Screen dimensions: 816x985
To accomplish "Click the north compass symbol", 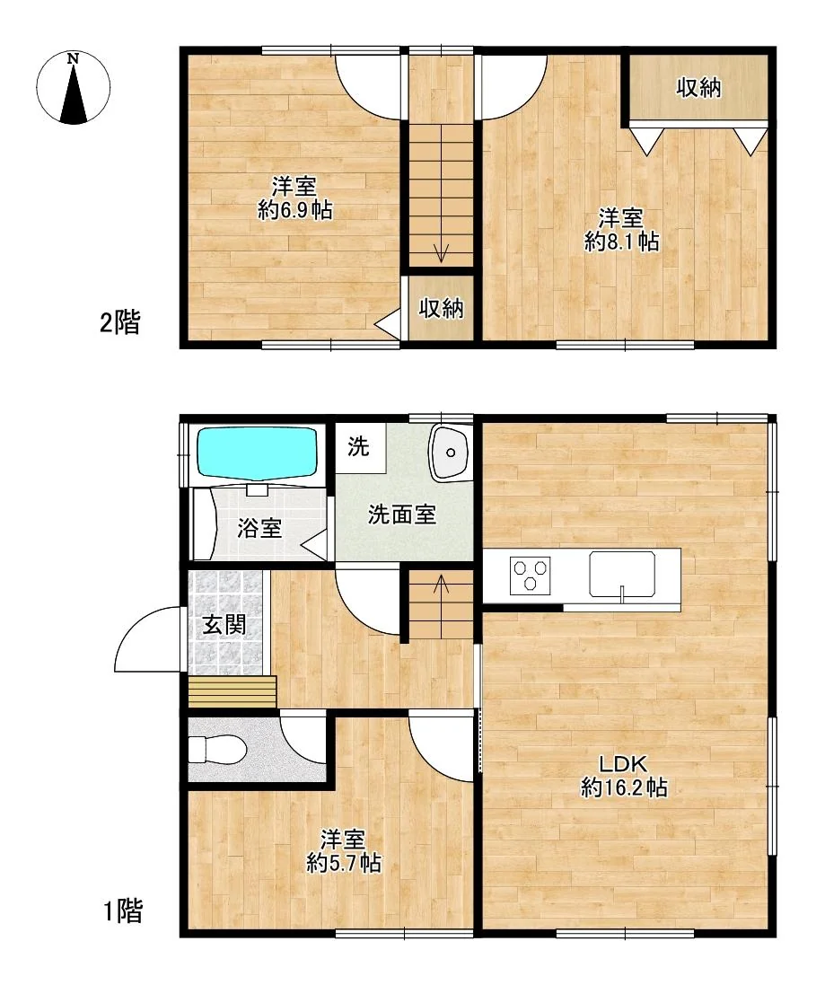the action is (x=74, y=87).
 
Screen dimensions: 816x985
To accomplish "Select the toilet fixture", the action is (x=217, y=749).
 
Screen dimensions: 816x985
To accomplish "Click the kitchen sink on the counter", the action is (x=622, y=574).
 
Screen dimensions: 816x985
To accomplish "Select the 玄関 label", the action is (x=224, y=625).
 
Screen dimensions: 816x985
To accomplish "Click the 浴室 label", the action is (x=259, y=528).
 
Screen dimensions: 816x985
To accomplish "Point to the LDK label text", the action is (x=622, y=764).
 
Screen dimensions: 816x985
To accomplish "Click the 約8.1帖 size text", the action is (x=621, y=242).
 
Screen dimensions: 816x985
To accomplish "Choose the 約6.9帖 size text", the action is (x=294, y=209).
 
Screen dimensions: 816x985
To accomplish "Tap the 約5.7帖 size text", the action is (x=343, y=863).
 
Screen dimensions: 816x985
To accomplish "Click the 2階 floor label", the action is (x=120, y=323).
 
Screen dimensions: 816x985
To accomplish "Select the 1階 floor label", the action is (x=122, y=910).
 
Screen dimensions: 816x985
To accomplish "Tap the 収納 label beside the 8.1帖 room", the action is (x=698, y=88).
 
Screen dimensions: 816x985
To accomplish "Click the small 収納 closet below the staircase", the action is (x=441, y=308).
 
